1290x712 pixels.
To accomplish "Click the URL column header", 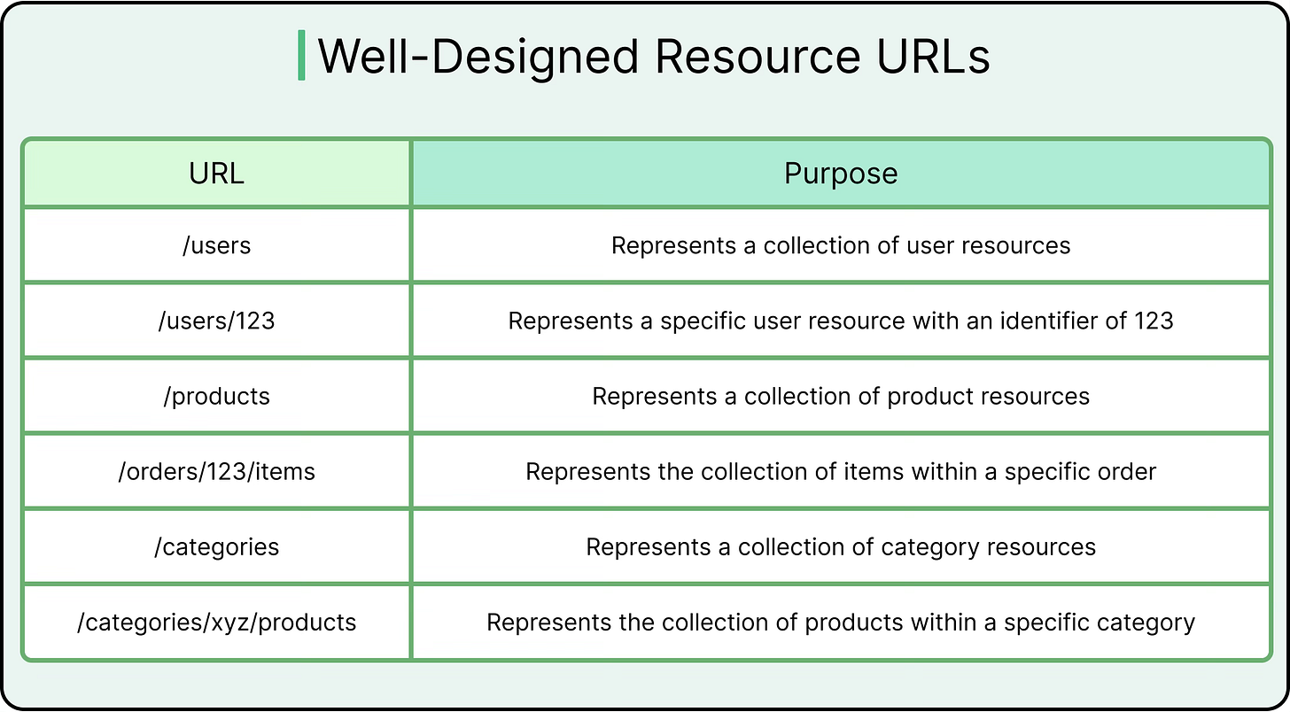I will point(216,173).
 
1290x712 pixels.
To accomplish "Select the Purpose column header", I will point(841,173).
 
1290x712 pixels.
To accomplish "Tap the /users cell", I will point(216,245).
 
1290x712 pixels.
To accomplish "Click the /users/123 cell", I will point(216,321).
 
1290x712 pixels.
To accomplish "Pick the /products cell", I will point(216,396).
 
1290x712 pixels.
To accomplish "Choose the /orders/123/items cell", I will point(216,471).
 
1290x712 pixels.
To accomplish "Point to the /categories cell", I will point(216,546).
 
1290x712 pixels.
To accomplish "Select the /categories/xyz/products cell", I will point(216,623).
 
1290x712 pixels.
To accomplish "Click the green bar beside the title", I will point(301,55).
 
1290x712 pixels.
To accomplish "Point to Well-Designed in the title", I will point(478,57).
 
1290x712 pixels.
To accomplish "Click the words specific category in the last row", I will point(1099,623).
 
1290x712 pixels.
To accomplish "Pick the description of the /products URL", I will point(841,396).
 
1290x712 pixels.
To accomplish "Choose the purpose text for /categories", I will point(841,546).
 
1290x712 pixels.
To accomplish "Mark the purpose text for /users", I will point(841,245).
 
